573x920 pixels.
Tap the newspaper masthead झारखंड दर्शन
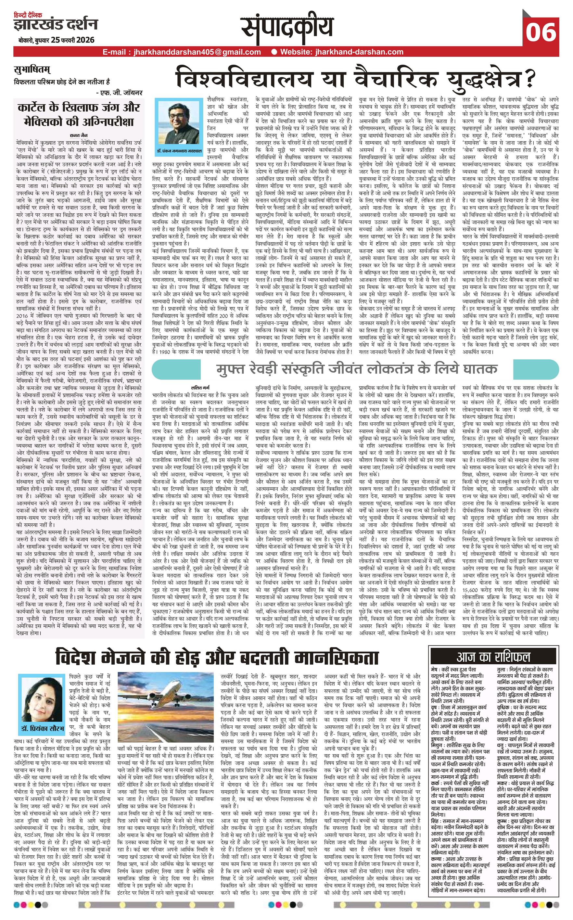(x=55, y=25)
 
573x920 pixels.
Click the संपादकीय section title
(x=288, y=28)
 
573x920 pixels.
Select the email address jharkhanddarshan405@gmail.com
(x=182, y=52)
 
